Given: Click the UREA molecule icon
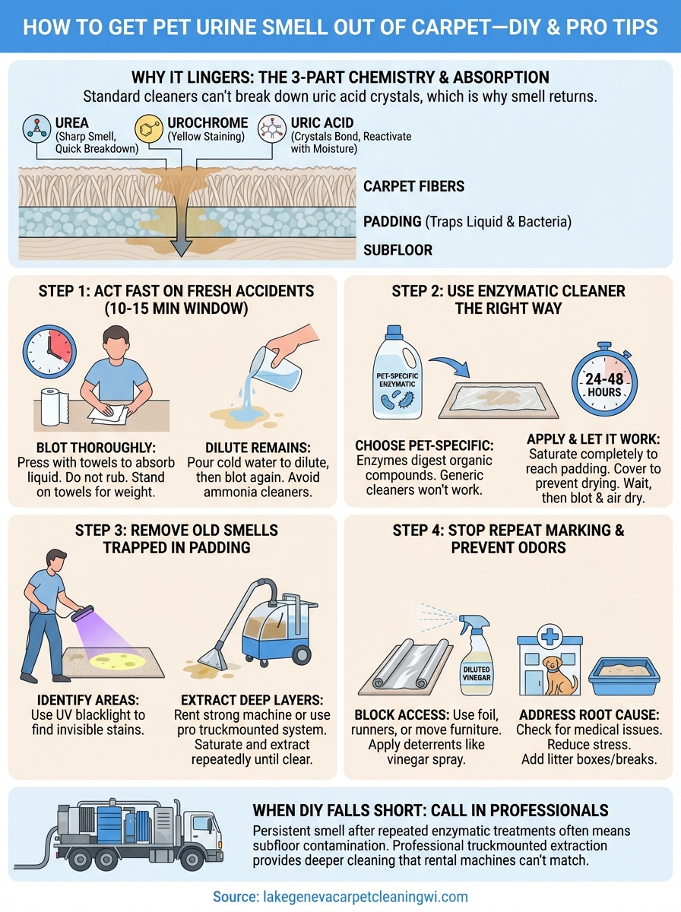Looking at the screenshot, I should coord(36,128).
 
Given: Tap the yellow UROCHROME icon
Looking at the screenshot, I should coord(148,128).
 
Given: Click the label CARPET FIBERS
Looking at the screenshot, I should coord(413,186).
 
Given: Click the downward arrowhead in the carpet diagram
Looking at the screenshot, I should coord(182,248).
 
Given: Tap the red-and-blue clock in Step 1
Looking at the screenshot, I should coord(49,352).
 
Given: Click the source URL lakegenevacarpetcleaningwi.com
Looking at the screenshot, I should coord(340,897).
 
